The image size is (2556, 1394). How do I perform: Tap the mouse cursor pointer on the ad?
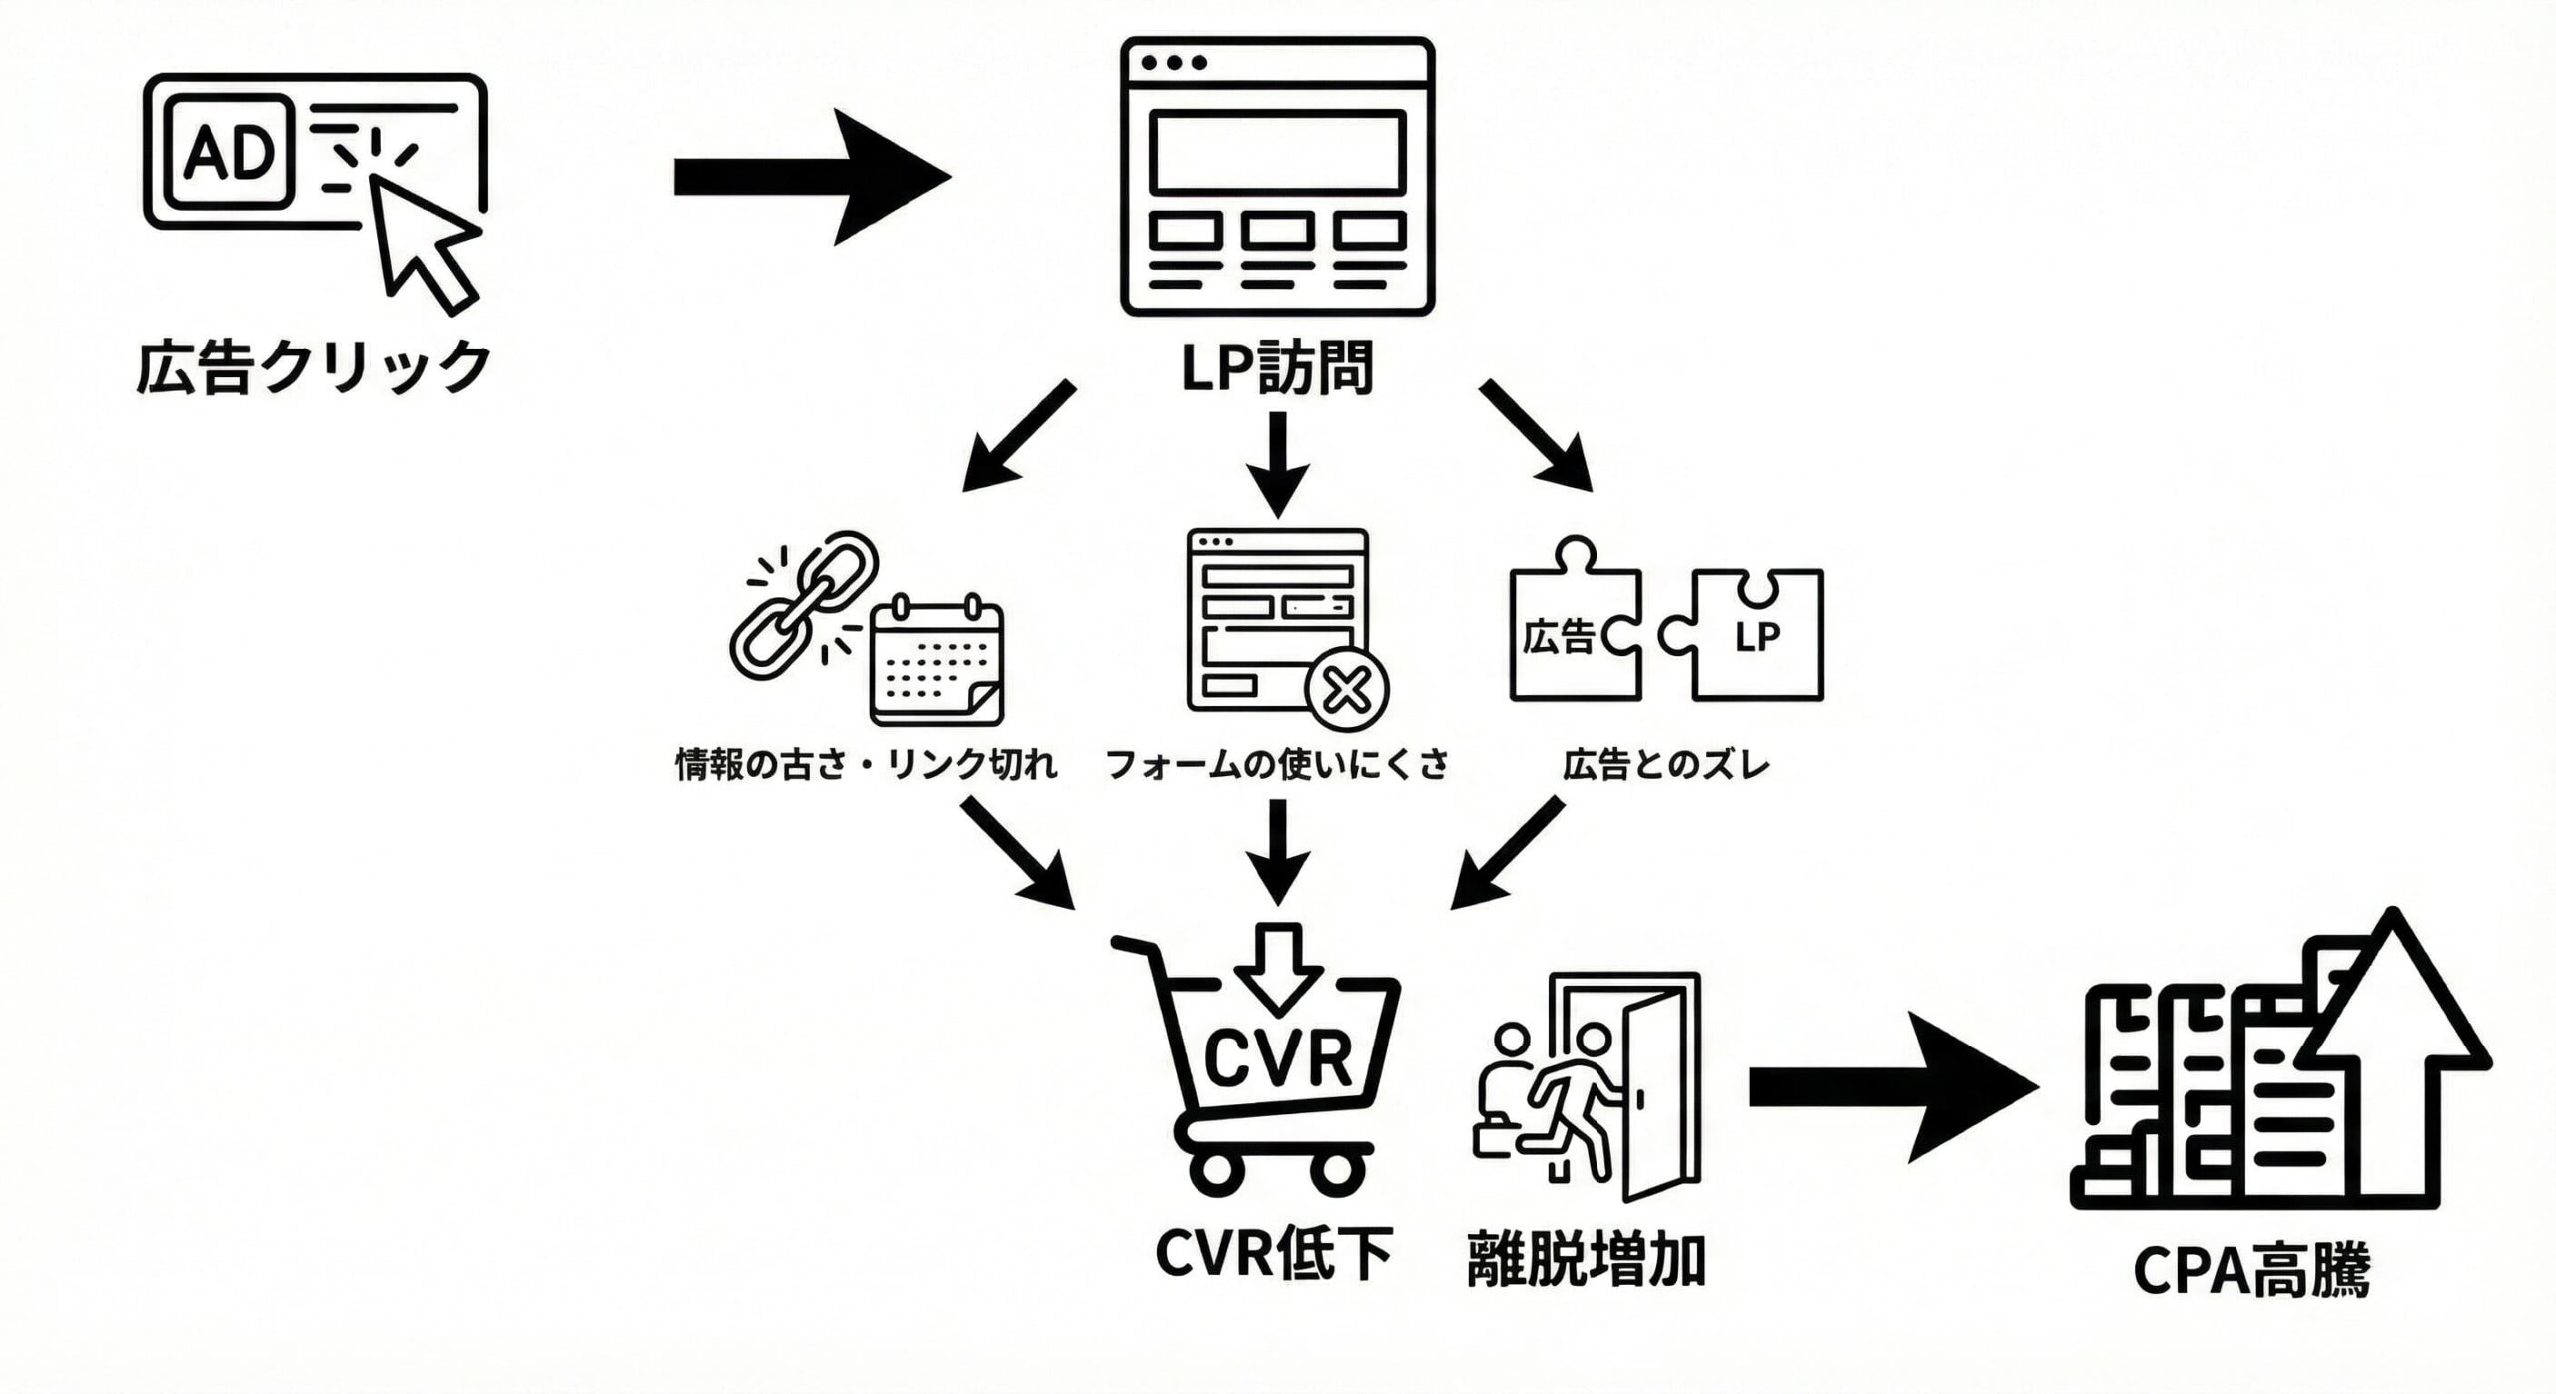tap(423, 240)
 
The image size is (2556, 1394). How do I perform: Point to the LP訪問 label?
tap(1277, 367)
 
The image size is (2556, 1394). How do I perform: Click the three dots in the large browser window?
tap(1173, 62)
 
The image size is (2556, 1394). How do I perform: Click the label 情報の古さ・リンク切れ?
tap(866, 765)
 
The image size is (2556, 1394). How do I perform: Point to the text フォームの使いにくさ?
tap(1277, 765)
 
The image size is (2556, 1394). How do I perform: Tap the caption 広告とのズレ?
tap(1666, 765)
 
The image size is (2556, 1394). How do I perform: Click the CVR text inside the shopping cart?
tap(1278, 1059)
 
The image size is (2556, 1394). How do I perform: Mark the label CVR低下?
tap(1273, 1253)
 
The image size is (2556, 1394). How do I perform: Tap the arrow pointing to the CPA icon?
tap(1892, 1087)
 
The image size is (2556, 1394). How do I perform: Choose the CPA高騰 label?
tap(2251, 1271)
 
